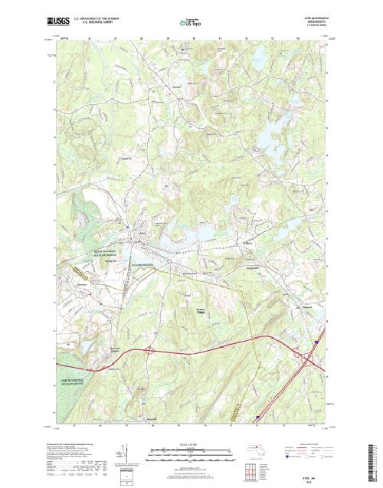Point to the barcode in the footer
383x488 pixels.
tap(372, 456)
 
